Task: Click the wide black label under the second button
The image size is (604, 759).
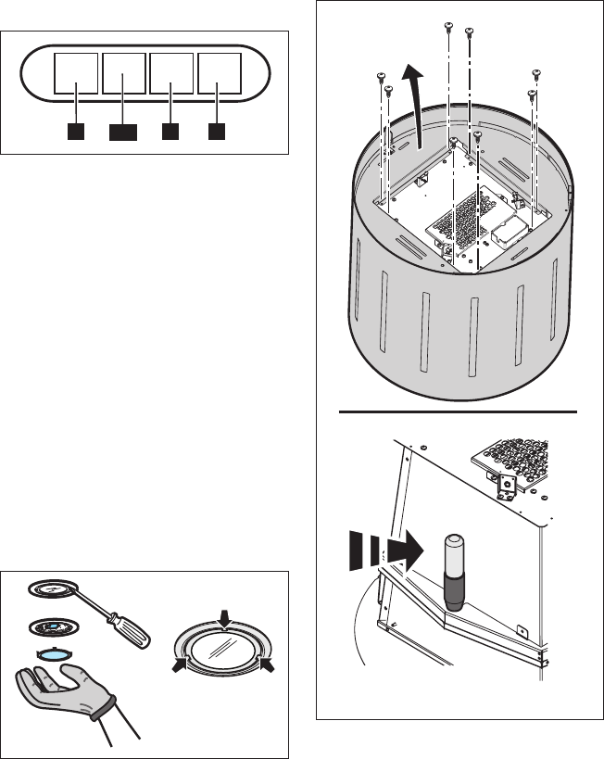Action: [123, 133]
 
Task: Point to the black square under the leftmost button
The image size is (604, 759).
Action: [76, 132]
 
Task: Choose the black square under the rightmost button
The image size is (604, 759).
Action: [217, 132]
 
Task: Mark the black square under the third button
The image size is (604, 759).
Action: [170, 132]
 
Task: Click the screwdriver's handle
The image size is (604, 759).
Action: [133, 633]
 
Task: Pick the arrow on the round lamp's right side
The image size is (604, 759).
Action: [268, 664]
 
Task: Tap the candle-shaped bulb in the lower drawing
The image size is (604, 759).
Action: [454, 571]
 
